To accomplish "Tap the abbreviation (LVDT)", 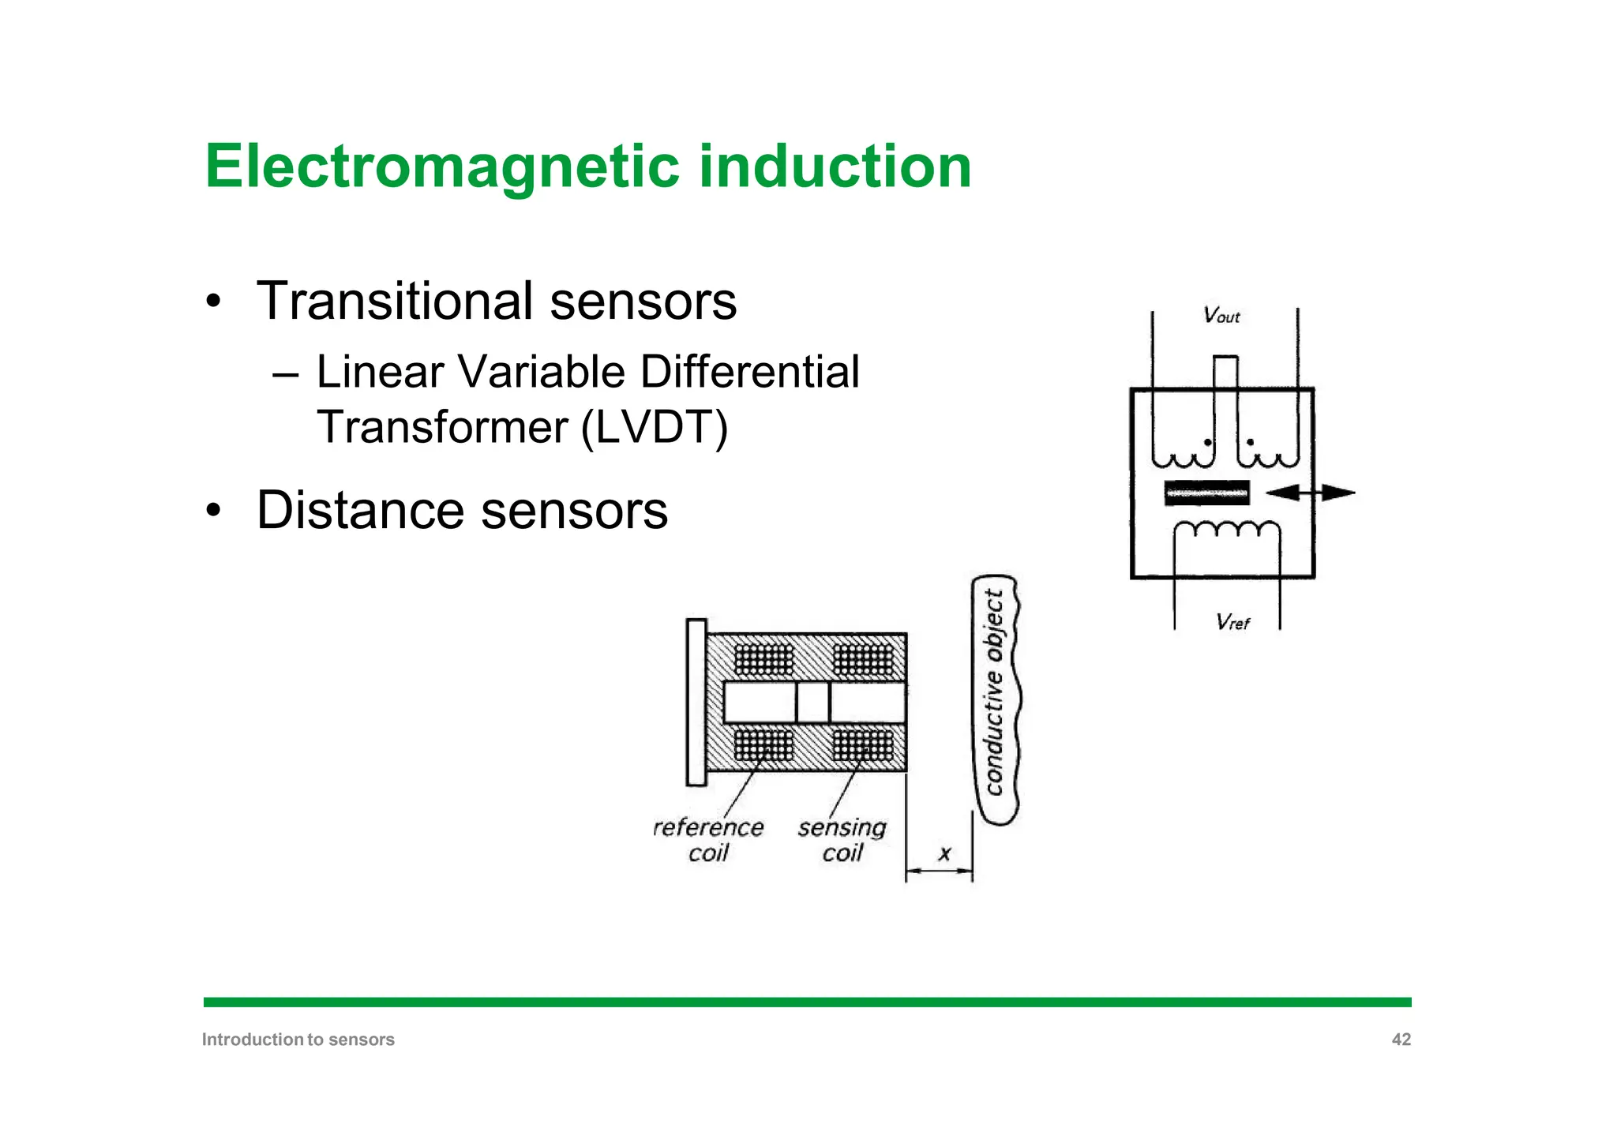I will tap(654, 428).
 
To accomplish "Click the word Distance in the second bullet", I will tap(360, 510).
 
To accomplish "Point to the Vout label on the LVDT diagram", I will tap(1221, 316).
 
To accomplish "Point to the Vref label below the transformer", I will tap(1232, 622).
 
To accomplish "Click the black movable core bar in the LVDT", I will tap(1206, 493).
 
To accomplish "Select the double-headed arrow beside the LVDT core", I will tap(1311, 493).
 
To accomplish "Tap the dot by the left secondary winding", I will tap(1207, 443).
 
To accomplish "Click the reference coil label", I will tap(708, 839).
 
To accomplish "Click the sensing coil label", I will tap(842, 839).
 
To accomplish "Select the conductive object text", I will tap(994, 693).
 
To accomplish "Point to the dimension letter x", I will tap(944, 853).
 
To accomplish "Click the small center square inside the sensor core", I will tap(812, 702).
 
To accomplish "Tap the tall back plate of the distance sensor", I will tap(696, 702).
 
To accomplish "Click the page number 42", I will tap(1401, 1040).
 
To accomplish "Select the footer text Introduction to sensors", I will tap(298, 1040).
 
